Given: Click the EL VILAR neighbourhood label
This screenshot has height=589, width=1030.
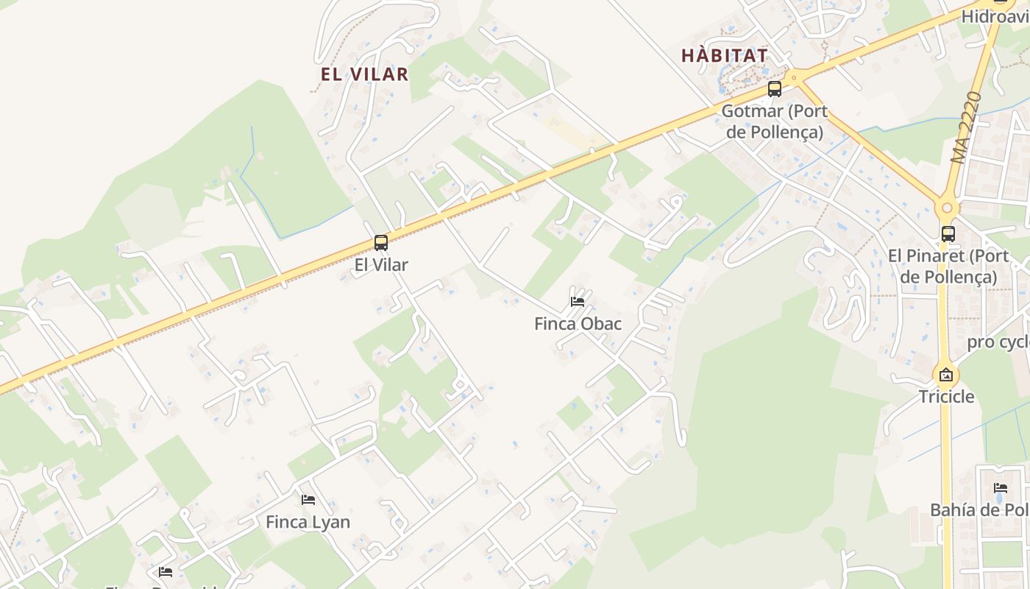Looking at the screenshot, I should pos(364,74).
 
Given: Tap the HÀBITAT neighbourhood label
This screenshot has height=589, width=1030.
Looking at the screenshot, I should pos(724,55).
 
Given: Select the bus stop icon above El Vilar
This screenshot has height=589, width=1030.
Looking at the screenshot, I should pos(380,243).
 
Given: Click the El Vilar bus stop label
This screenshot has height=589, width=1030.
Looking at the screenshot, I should pos(380,265).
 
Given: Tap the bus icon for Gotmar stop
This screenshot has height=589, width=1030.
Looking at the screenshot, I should pos(774,89).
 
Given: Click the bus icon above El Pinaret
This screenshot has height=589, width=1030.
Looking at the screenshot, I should pos(948,234).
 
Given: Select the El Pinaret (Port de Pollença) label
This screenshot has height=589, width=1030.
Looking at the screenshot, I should pos(948,267).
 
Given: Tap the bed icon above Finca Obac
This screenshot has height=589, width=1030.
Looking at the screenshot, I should pos(578,302).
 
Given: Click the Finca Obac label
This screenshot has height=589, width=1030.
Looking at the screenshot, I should pos(578,324).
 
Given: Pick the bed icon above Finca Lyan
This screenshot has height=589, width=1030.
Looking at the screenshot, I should pos(308,500).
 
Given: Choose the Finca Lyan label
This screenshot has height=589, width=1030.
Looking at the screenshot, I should pos(308,522).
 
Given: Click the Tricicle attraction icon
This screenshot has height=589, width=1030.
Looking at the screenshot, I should pos(946,375).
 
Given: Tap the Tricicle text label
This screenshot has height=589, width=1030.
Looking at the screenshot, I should pos(946,397).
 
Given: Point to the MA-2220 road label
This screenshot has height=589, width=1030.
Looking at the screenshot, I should pos(966,127).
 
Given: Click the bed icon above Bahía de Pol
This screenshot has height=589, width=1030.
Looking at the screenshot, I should pos(1000,488).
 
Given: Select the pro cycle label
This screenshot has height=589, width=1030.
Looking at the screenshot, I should pos(998,342).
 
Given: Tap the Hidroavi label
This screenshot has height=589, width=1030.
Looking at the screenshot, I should pos(995,15).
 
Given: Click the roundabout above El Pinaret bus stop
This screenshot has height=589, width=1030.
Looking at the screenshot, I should pos(947,208).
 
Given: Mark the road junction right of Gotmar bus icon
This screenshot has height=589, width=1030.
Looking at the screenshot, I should pos(794,77).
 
